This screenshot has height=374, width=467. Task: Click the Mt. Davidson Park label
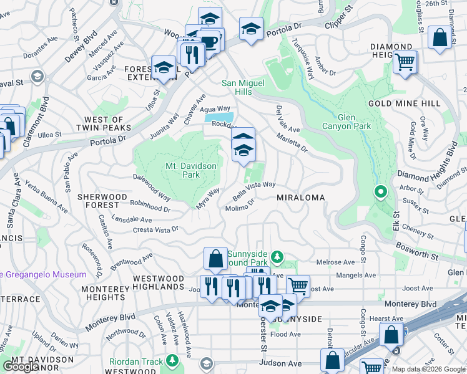[x=182, y=170]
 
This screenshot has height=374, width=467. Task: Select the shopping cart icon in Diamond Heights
[x=405, y=62]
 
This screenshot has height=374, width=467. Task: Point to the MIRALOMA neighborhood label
[x=302, y=198]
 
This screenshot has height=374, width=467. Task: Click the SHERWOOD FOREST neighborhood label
[x=98, y=200]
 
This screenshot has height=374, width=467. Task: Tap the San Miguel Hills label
[x=244, y=87]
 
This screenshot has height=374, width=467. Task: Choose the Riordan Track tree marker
[x=172, y=361]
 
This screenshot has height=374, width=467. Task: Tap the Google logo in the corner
[x=21, y=367]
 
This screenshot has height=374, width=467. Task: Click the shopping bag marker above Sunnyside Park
[x=215, y=259]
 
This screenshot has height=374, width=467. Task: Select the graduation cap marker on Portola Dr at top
[x=251, y=29]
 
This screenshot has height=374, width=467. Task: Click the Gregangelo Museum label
[x=44, y=275]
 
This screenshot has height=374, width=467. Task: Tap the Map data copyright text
[x=428, y=369]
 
